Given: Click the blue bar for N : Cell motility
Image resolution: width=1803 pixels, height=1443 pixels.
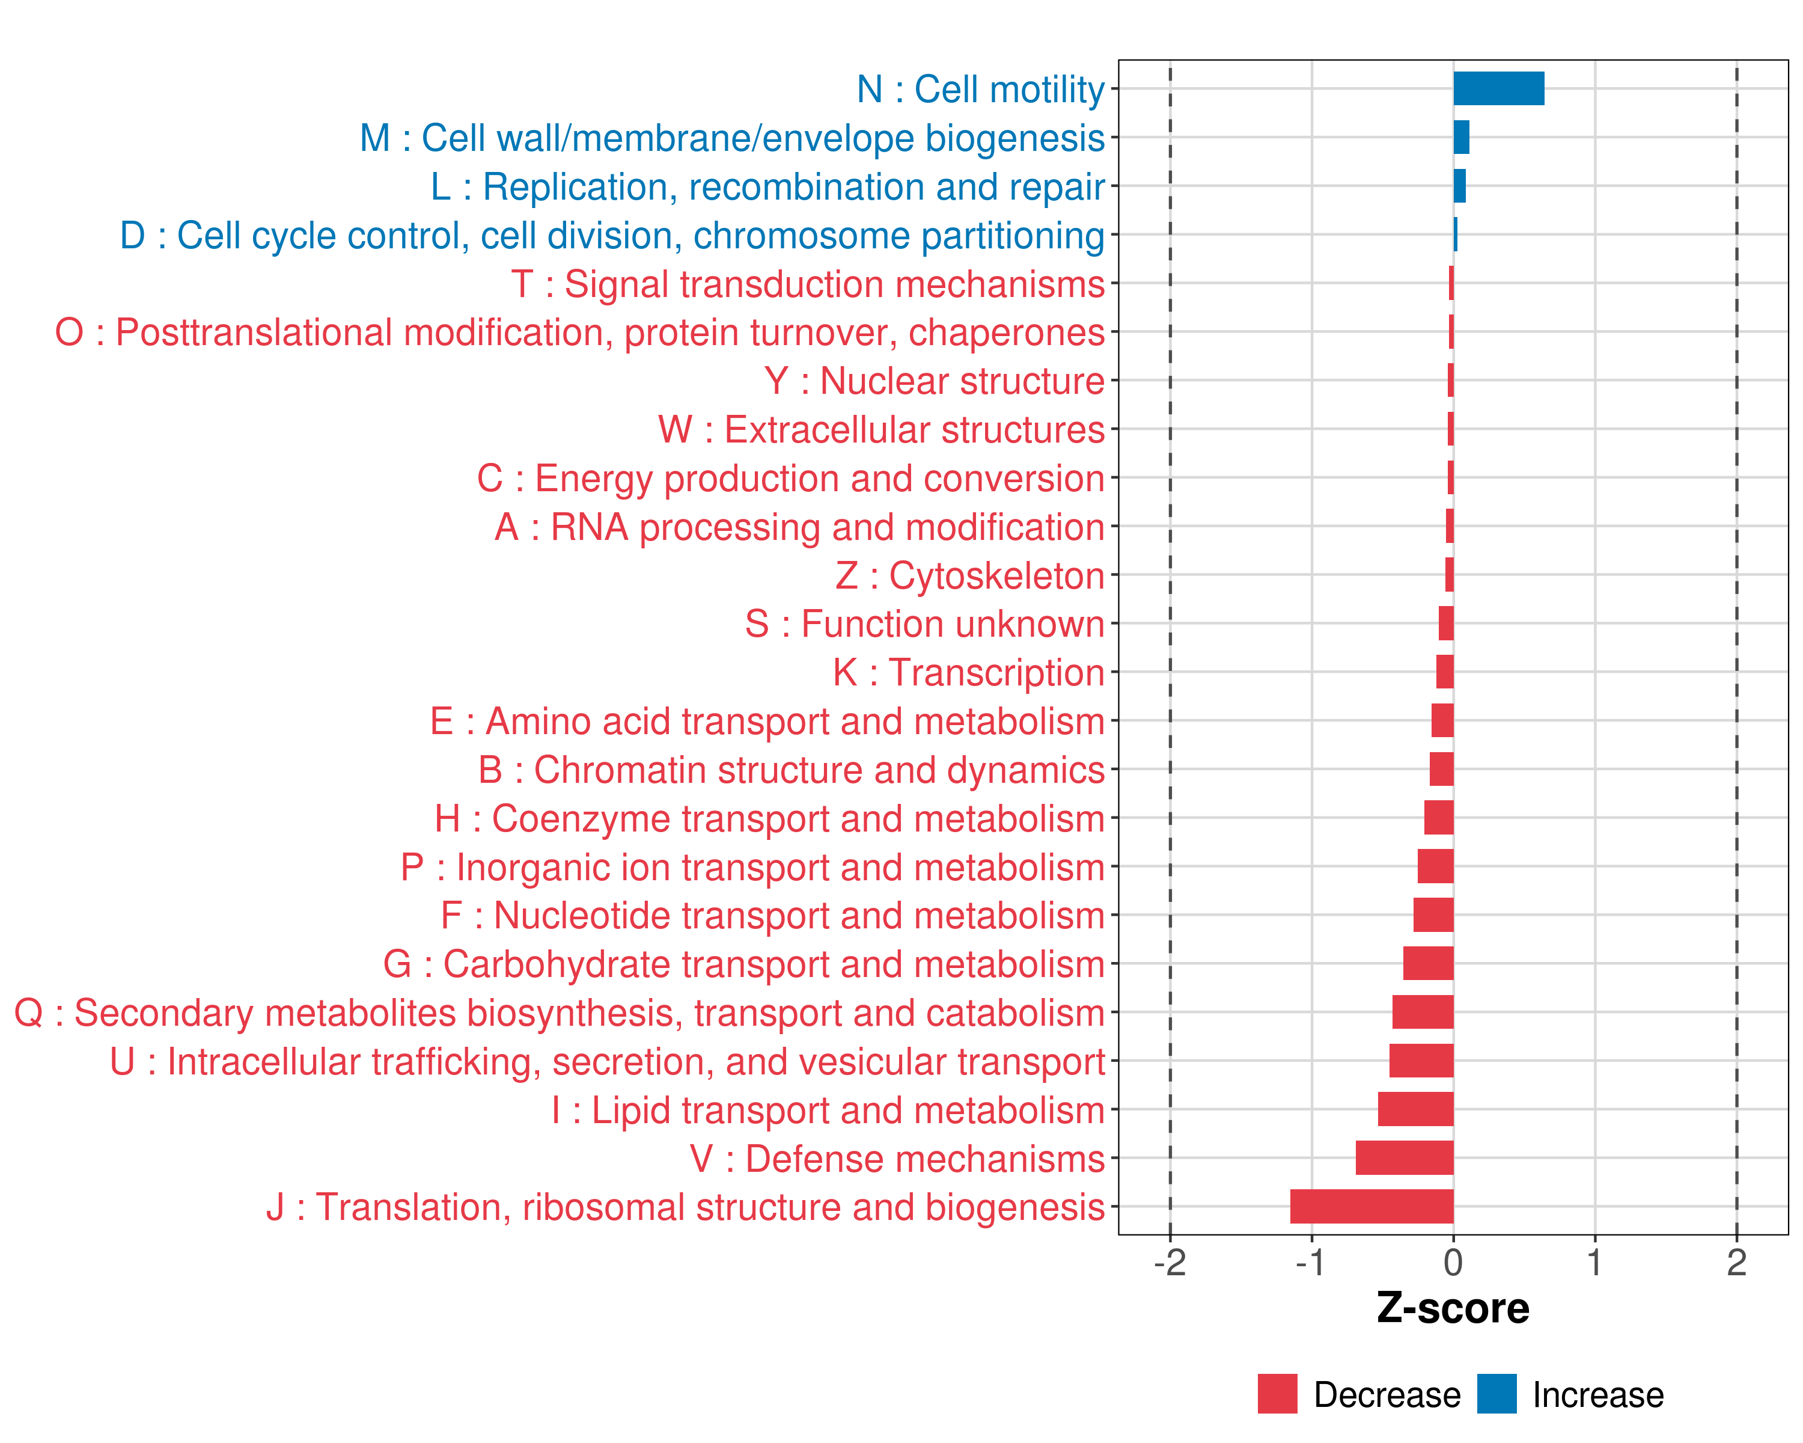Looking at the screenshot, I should [x=1499, y=88].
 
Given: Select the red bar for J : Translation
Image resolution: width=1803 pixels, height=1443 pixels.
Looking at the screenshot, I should [x=1371, y=1206].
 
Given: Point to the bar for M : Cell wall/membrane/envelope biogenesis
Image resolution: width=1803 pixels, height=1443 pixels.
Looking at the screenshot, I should [x=1461, y=137].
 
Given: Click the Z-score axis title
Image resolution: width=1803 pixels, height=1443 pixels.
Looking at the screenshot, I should [x=1453, y=1308].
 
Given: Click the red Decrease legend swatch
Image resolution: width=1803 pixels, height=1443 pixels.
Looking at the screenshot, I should [x=1277, y=1394].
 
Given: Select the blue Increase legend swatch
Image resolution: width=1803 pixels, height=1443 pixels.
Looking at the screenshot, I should [x=1496, y=1394].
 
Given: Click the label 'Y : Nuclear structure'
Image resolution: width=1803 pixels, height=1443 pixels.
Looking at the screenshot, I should [x=934, y=381].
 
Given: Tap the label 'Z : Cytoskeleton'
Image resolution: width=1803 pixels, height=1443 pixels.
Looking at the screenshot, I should [x=970, y=575].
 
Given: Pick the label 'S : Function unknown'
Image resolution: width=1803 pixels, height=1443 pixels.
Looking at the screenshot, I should [x=925, y=624].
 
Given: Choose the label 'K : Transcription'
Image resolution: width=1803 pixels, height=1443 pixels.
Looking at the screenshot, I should [x=968, y=673].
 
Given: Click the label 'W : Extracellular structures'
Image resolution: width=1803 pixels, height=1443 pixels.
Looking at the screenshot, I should [x=882, y=430].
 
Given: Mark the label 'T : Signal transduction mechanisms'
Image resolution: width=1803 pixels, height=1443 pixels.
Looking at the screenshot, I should [x=808, y=284].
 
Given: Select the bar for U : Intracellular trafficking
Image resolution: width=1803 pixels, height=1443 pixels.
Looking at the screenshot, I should [x=1421, y=1061].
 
